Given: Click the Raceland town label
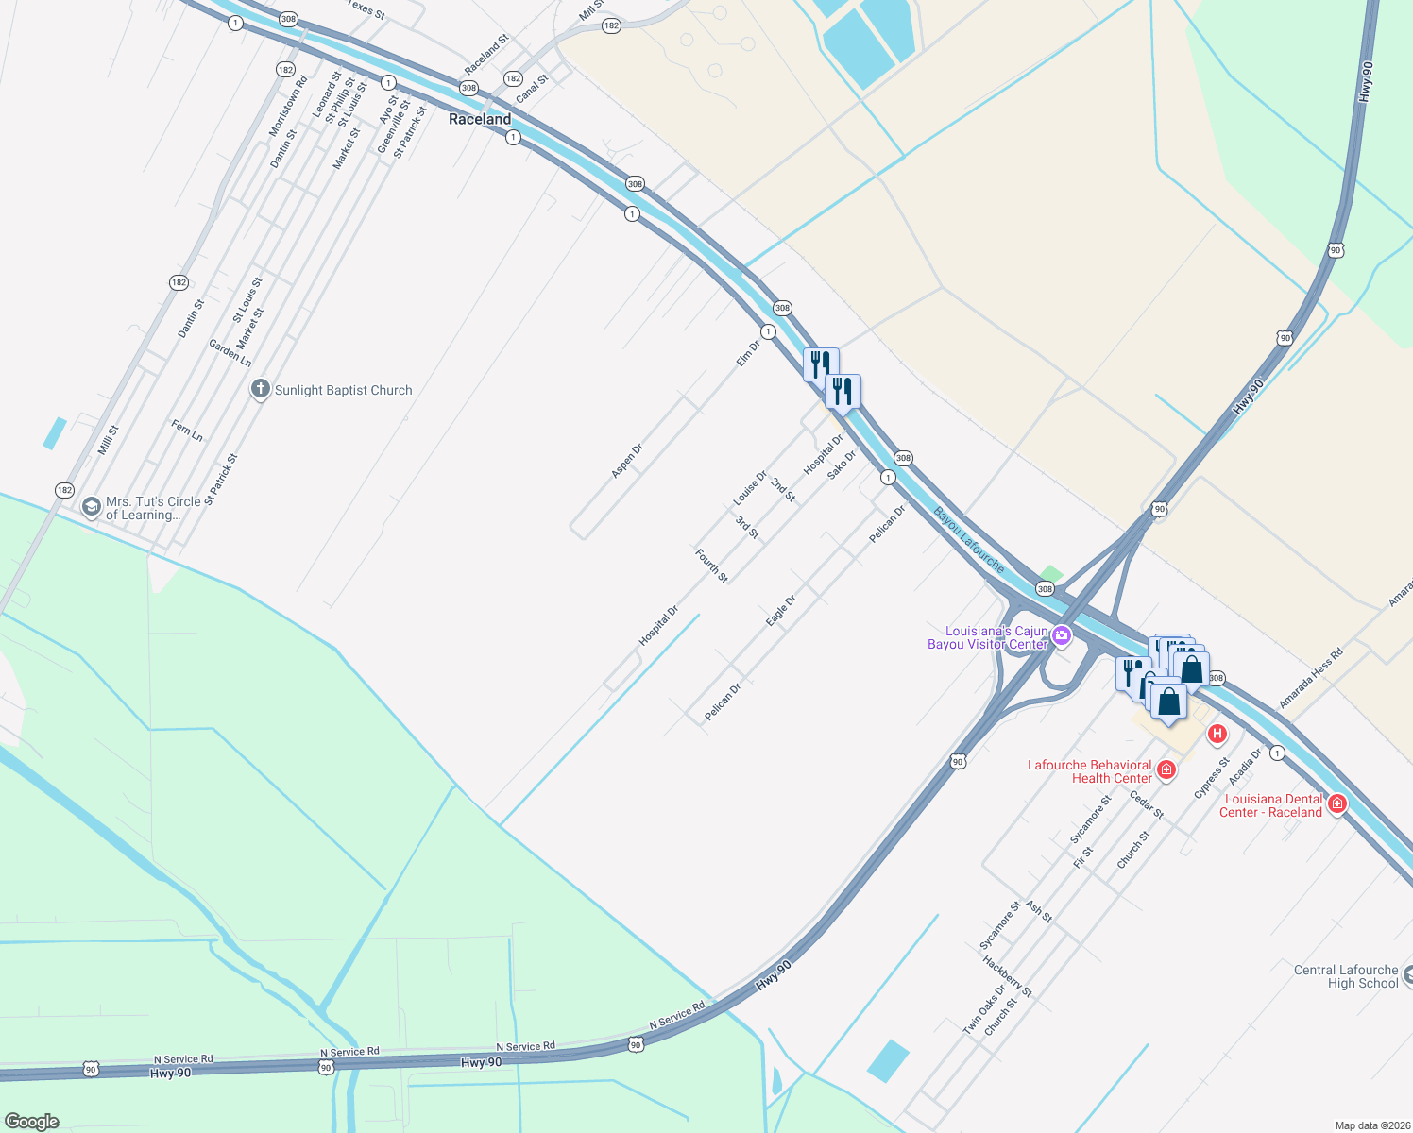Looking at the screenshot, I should (480, 119).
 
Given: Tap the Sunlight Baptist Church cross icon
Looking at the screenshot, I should (261, 389).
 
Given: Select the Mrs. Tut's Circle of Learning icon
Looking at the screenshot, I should (92, 507).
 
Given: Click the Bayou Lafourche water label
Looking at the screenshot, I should (969, 540).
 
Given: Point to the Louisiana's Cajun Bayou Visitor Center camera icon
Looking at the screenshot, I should (1062, 635).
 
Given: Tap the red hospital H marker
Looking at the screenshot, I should (1217, 733).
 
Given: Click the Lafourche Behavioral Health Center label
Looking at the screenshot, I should (1090, 771).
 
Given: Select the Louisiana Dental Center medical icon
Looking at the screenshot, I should (1336, 803).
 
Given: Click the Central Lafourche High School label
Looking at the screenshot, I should (1346, 976).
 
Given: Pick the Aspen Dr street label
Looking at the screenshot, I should (627, 460).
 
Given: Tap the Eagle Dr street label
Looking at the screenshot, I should (781, 610).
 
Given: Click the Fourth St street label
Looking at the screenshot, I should (712, 566).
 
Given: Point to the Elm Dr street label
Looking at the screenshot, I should (748, 354).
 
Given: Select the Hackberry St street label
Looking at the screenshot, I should (1008, 976).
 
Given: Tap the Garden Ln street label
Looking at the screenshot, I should (230, 353).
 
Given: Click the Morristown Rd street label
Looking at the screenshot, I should (288, 105).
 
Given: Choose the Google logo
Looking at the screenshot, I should (31, 1122).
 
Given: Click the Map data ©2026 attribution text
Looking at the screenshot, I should (1370, 1125).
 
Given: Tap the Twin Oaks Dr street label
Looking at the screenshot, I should (984, 1010).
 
